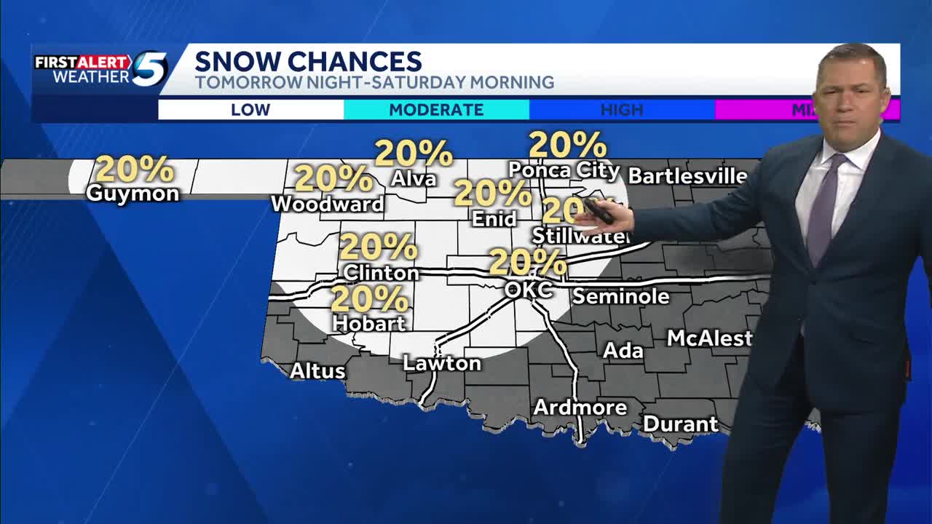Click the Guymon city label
(133, 194)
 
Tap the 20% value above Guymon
(135, 169)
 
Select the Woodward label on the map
(328, 205)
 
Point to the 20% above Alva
(414, 153)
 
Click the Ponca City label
(564, 171)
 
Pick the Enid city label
(494, 218)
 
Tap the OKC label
(529, 290)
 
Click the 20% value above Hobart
(370, 298)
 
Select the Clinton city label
(381, 273)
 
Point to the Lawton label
(442, 363)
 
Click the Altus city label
(317, 371)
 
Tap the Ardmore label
(580, 408)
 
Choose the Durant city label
(680, 424)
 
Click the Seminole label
(620, 296)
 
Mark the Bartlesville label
(687, 176)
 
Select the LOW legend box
(250, 110)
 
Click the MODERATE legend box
(436, 110)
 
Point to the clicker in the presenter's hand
(599, 211)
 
